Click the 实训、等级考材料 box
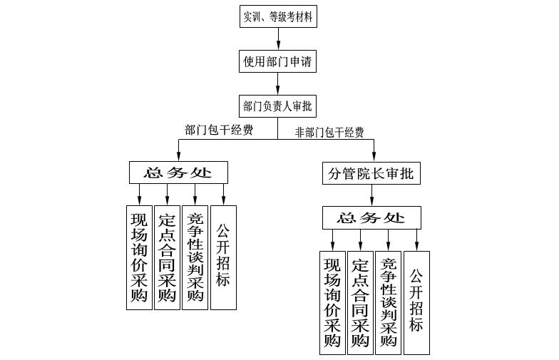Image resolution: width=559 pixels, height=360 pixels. (277, 16)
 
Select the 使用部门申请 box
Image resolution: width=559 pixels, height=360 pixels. (277, 61)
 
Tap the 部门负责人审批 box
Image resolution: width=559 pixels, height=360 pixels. (277, 106)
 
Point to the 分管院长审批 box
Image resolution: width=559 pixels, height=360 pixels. (371, 173)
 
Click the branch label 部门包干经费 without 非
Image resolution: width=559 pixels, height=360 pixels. (219, 130)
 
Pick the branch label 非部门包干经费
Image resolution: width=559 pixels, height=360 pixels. (329, 132)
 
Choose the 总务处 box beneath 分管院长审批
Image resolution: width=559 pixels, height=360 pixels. (371, 217)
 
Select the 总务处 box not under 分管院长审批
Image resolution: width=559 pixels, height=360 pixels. (179, 173)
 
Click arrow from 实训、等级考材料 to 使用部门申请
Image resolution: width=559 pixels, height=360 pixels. (277, 39)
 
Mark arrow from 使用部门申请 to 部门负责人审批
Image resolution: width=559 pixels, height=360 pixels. (277, 84)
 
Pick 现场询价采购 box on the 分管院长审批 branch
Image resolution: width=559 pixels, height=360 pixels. (332, 302)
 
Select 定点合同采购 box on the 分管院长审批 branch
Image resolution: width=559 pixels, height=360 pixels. (360, 302)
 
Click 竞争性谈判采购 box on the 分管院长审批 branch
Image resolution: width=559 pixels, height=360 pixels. (389, 302)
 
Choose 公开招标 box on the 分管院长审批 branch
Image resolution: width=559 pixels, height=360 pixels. (417, 302)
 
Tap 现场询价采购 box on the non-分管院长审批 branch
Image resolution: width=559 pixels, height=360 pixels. (139, 257)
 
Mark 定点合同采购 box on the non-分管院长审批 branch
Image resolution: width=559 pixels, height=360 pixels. (167, 257)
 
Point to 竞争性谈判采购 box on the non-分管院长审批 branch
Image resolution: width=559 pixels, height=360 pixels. (195, 257)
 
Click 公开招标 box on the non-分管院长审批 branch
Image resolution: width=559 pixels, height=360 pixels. (223, 257)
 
